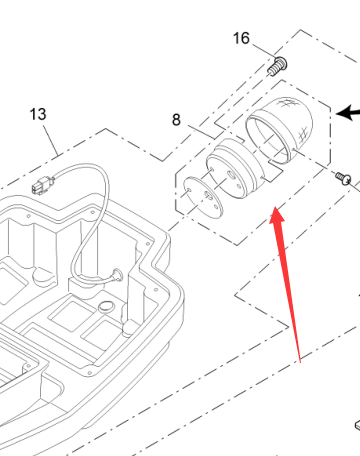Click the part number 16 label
pyautogui.click(x=241, y=38)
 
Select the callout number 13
pyautogui.click(x=38, y=114)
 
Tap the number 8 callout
pyautogui.click(x=176, y=120)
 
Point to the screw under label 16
pyautogui.click(x=277, y=67)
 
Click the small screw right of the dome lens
pyautogui.click(x=343, y=177)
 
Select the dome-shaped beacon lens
pyautogui.click(x=279, y=130)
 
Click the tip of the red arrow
pyautogui.click(x=275, y=207)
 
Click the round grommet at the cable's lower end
pyautogui.click(x=117, y=274)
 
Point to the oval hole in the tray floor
pyautogui.click(x=106, y=306)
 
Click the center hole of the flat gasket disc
pyautogui.click(x=208, y=196)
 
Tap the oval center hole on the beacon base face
pyautogui.click(x=231, y=174)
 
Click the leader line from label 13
pyautogui.click(x=51, y=140)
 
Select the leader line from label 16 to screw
pyautogui.click(x=263, y=50)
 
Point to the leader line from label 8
pyautogui.click(x=201, y=132)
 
